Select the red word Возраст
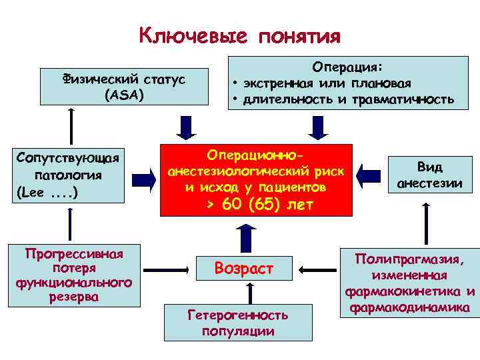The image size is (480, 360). pos(243,269)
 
